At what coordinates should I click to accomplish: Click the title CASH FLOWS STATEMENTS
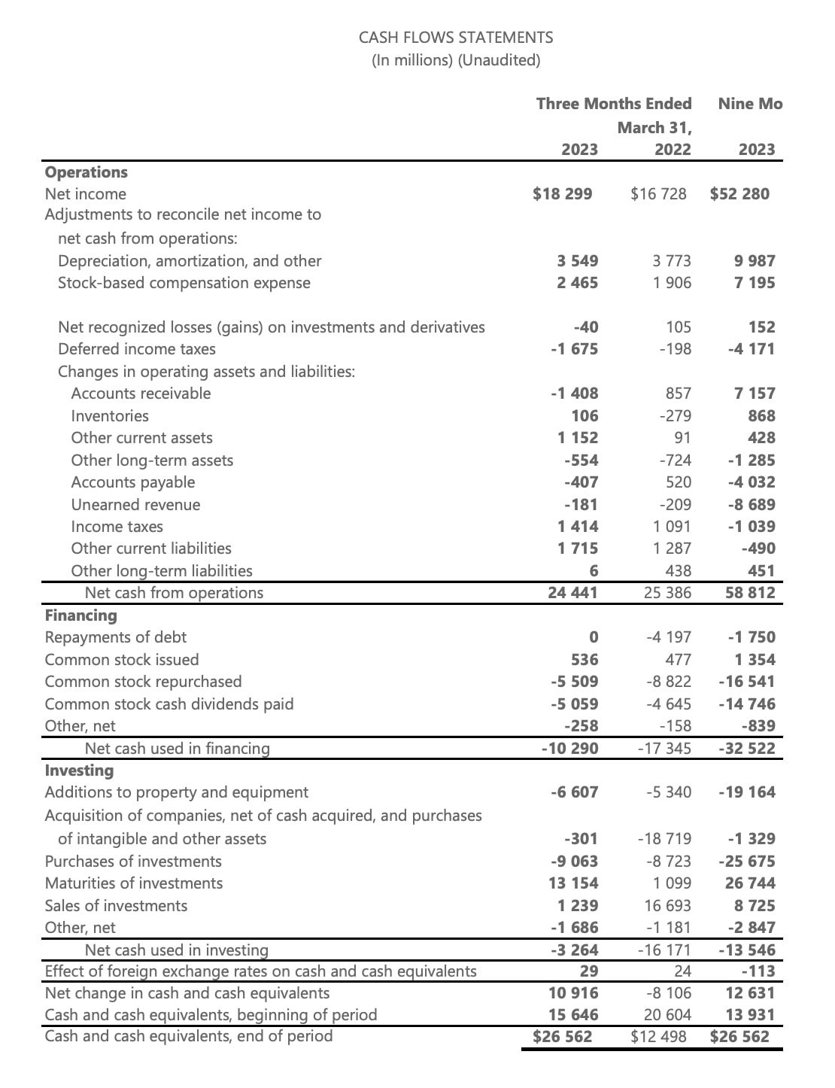[x=455, y=38]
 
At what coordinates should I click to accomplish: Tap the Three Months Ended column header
[x=613, y=104]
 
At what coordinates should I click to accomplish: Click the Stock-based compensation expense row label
[x=184, y=283]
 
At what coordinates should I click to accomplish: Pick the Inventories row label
[x=110, y=416]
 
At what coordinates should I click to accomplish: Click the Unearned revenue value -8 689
[x=750, y=505]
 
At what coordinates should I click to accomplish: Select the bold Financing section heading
[x=81, y=615]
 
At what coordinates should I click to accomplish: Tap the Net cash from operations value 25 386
[x=667, y=593]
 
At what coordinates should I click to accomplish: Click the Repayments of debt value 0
[x=593, y=637]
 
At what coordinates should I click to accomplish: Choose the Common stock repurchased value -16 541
[x=746, y=682]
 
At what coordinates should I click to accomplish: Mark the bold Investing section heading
[x=79, y=770]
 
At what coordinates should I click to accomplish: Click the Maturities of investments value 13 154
[x=573, y=883]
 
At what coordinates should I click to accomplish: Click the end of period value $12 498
[x=659, y=1037]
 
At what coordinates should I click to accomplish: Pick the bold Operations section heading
[x=87, y=172]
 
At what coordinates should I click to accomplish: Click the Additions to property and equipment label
[x=176, y=792]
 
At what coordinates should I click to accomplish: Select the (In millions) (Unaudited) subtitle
[x=456, y=60]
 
